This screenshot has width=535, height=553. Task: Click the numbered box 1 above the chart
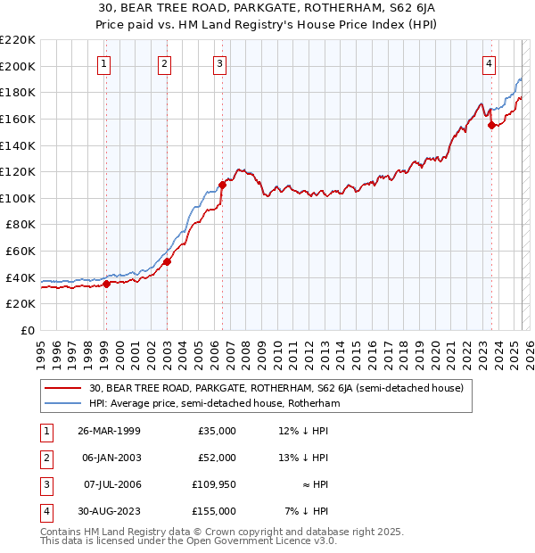pyautogui.click(x=105, y=63)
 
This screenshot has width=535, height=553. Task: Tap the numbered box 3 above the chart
pyautogui.click(x=219, y=63)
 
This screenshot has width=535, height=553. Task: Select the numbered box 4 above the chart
pyautogui.click(x=490, y=63)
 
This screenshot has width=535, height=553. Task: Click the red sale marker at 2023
pyautogui.click(x=491, y=126)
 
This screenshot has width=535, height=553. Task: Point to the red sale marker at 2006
pyautogui.click(x=222, y=185)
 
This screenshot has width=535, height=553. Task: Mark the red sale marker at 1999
pyautogui.click(x=106, y=284)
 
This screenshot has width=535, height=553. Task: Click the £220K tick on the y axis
pyautogui.click(x=18, y=40)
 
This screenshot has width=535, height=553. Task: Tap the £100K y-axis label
pyautogui.click(x=18, y=198)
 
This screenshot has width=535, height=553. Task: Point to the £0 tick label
pyautogui.click(x=26, y=330)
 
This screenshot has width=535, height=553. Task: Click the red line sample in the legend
pyautogui.click(x=64, y=388)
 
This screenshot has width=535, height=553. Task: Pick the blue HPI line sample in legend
pyautogui.click(x=64, y=403)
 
